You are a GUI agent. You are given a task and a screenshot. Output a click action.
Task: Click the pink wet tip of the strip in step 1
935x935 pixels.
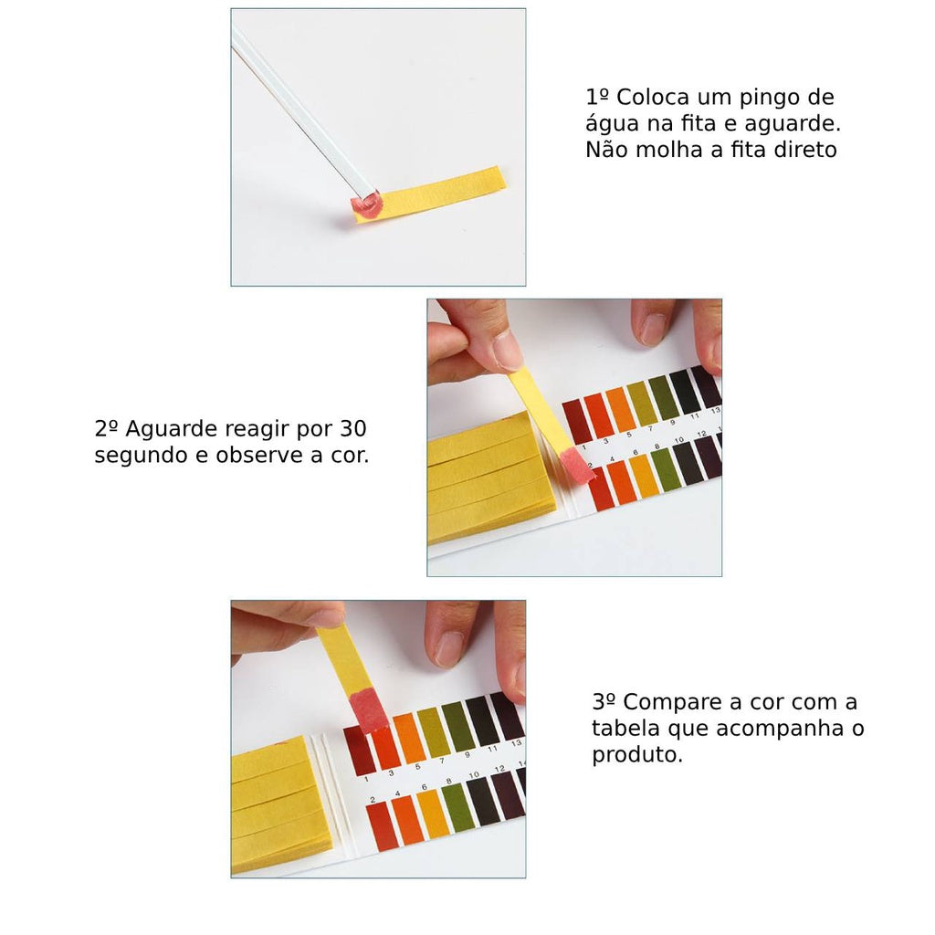(366, 205)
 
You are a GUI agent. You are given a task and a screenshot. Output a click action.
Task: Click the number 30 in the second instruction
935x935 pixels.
(353, 429)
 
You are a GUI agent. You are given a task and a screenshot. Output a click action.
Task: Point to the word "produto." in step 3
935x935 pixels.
(636, 755)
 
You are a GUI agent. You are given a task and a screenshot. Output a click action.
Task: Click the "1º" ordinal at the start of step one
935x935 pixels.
(597, 97)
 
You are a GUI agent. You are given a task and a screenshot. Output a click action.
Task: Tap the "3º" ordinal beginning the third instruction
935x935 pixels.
(604, 702)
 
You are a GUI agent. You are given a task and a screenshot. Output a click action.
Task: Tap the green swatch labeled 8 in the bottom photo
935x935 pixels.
(458, 809)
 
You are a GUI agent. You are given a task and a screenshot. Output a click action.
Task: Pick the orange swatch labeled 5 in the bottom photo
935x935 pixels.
(409, 737)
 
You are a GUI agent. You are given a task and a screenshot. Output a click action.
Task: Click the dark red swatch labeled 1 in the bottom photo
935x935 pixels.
(360, 751)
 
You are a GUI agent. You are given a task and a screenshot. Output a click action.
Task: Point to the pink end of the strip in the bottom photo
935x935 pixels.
(368, 710)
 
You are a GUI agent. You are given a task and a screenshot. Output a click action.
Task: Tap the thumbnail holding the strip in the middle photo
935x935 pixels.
(507, 351)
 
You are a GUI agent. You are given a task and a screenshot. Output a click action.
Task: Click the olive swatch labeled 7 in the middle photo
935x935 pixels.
(642, 404)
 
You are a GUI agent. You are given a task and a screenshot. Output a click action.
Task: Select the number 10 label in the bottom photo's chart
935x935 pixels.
(474, 775)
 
